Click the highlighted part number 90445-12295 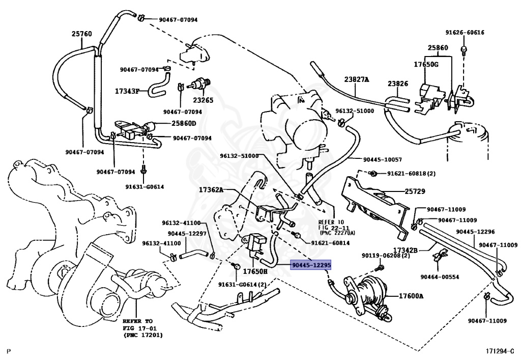click(x=311, y=265)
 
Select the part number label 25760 click(x=82, y=34)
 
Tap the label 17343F click(x=127, y=91)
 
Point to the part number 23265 click(x=203, y=100)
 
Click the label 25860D click(x=184, y=123)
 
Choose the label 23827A click(x=357, y=79)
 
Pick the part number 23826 click(x=398, y=84)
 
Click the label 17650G click(x=426, y=64)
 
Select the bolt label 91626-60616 click(x=465, y=32)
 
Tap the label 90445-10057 click(x=383, y=159)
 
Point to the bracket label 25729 click(x=415, y=191)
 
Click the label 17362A click(x=211, y=190)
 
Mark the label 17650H click(x=255, y=271)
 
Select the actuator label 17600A click(x=411, y=296)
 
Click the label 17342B click(x=405, y=250)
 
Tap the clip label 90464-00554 click(x=440, y=277)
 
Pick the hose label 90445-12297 click(x=187, y=234)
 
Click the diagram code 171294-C click(x=500, y=351)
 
